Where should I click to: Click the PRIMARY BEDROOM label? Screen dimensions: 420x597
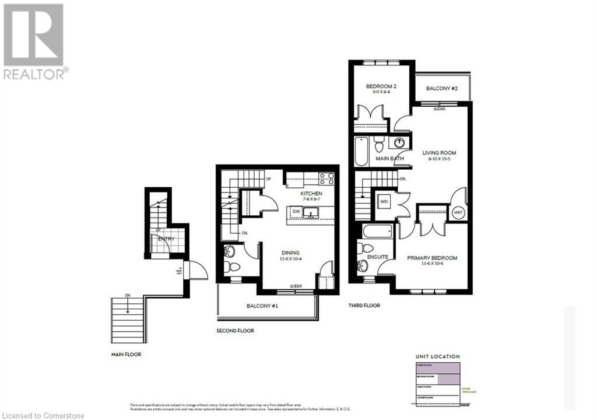pos(432,258)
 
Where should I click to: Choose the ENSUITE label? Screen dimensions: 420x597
pos(378,257)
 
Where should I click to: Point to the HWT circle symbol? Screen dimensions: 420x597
pos(457,213)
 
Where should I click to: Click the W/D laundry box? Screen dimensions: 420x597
pos(384,202)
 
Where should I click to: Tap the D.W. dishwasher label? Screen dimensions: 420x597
pos(296,211)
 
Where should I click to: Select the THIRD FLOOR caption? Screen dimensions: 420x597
pos(365,305)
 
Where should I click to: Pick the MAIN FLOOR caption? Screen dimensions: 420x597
pos(127,354)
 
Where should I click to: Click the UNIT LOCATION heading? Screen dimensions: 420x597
pos(437,356)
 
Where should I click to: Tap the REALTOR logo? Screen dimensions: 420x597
pos(34,41)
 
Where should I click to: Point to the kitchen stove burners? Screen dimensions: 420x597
pos(326,178)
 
